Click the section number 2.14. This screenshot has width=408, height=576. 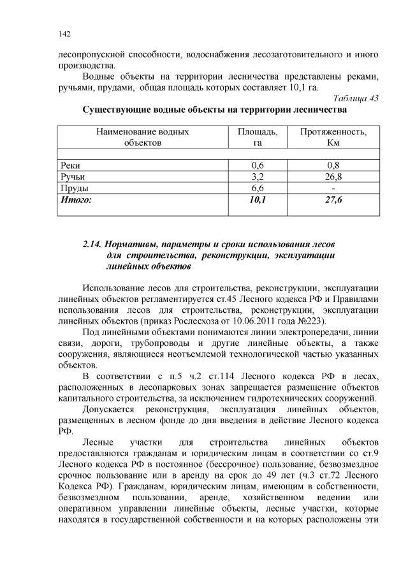point(92,244)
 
